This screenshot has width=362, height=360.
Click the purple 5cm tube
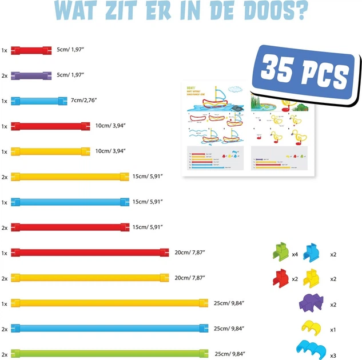click(31, 75)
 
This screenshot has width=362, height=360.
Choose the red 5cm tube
click(31, 50)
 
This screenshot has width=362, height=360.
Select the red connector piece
click(280, 278)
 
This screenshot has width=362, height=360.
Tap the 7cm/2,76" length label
click(84, 101)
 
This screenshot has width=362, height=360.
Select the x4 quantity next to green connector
click(295, 254)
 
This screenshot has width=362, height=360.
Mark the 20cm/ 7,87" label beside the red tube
click(189, 252)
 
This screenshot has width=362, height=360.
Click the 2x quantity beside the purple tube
click(5, 75)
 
